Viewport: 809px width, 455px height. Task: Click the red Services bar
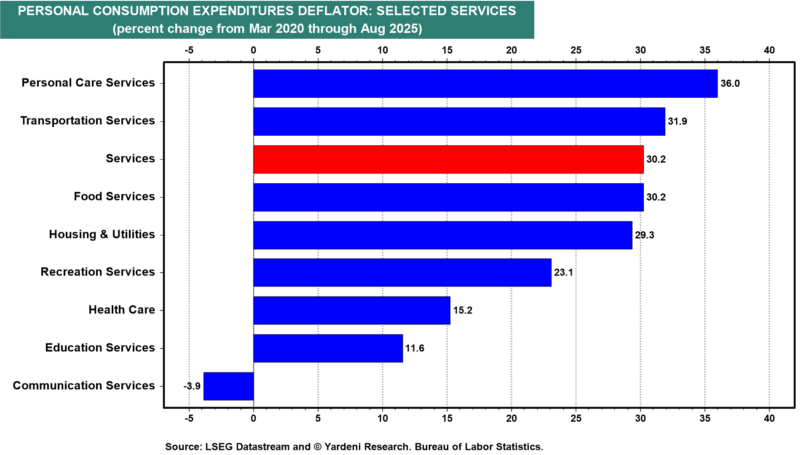448,159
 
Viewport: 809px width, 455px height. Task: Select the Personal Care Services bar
485,83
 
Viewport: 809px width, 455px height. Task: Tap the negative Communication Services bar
228,386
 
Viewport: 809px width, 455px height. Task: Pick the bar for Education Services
328,348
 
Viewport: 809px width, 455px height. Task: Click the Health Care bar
351,310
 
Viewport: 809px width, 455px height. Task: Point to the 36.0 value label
730,83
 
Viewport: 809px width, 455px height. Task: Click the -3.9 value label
192,386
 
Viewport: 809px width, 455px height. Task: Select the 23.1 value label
563,273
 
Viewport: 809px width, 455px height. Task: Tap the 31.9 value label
677,121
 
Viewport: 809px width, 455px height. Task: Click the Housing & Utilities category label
102,234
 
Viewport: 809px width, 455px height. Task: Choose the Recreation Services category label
98,272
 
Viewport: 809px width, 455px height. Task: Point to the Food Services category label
114,196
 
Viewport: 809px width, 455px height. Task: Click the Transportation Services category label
88,120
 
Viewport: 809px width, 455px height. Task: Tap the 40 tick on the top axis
769,50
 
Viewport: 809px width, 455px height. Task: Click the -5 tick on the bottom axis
189,418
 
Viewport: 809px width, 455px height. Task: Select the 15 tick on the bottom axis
447,418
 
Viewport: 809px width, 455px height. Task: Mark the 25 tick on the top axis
576,50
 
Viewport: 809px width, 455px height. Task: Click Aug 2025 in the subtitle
391,29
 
